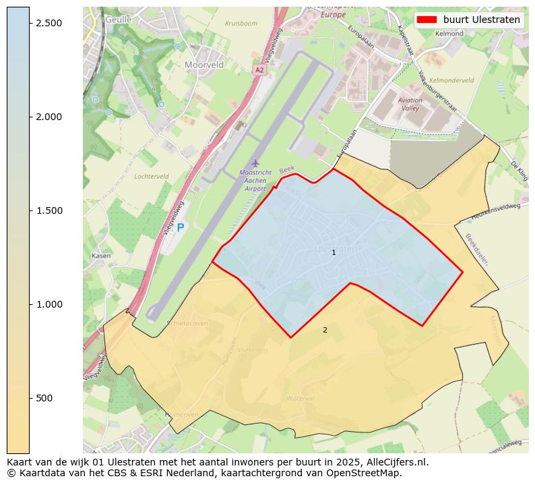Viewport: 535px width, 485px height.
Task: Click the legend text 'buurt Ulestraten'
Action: pyautogui.click(x=481, y=20)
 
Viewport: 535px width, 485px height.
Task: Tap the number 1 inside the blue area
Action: pyautogui.click(x=334, y=252)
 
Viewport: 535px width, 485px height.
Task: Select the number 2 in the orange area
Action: pyautogui.click(x=325, y=330)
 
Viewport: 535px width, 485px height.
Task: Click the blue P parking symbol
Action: pyautogui.click(x=181, y=227)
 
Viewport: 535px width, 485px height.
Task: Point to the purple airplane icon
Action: pyautogui.click(x=255, y=163)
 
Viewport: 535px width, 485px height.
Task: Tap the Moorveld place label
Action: pyautogui.click(x=204, y=65)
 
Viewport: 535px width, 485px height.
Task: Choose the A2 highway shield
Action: pyautogui.click(x=259, y=69)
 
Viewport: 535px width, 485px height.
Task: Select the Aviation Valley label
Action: pyautogui.click(x=410, y=104)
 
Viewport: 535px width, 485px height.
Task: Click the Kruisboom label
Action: pyautogui.click(x=241, y=23)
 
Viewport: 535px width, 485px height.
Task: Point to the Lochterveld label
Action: pyautogui.click(x=151, y=176)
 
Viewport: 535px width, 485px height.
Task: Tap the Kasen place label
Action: pyautogui.click(x=101, y=256)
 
